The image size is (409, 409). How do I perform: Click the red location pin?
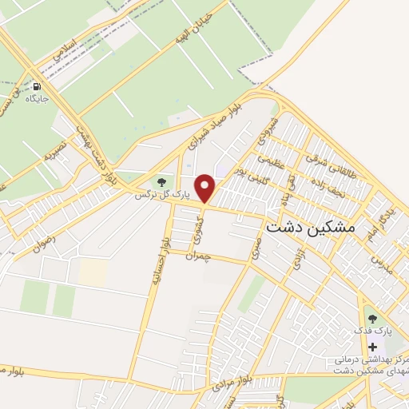[x=205, y=189]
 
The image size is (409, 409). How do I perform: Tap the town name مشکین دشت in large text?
[x=309, y=227]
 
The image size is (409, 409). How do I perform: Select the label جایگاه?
[x=37, y=99]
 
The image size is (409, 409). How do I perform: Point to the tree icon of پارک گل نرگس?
[x=165, y=184]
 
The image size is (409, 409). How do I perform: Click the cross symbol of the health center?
[x=372, y=347]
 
